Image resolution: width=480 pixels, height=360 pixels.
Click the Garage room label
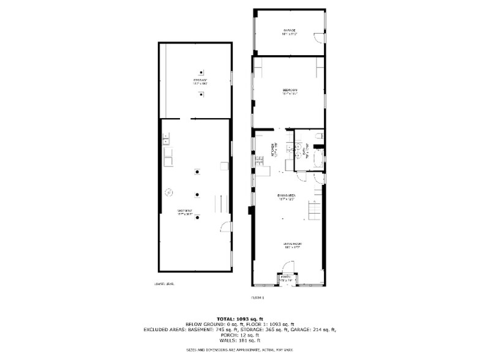(x=289, y=31)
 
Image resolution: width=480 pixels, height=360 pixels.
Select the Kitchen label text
(x=272, y=150)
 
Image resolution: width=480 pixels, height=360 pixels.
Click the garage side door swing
(x=318, y=38)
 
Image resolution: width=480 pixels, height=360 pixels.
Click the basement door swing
(x=226, y=227)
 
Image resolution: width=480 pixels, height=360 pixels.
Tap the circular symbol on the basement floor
(x=167, y=192)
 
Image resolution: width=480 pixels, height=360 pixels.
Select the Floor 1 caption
(x=257, y=298)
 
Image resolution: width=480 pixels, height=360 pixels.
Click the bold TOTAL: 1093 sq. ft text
(x=240, y=318)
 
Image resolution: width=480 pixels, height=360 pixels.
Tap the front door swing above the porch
(x=287, y=266)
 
